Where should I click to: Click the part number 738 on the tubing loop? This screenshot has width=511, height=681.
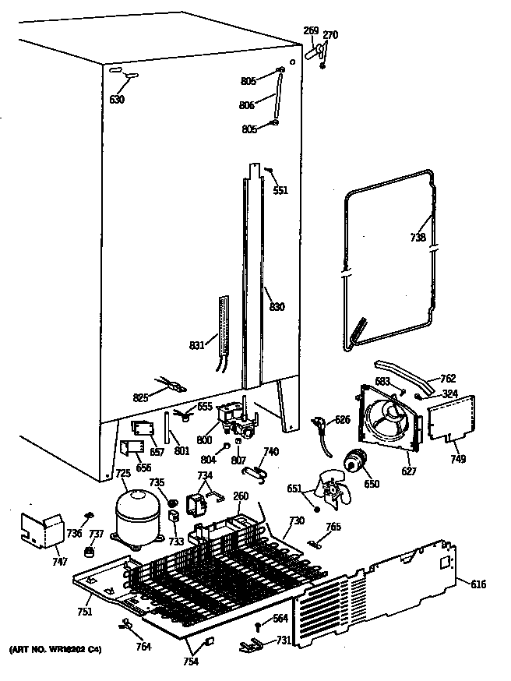coord(418,238)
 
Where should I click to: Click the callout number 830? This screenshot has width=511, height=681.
coord(277,307)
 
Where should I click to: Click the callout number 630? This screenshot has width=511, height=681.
coord(117,99)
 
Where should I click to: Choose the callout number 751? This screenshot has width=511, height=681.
coord(84,612)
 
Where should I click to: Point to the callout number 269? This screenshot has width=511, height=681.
coord(311,31)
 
